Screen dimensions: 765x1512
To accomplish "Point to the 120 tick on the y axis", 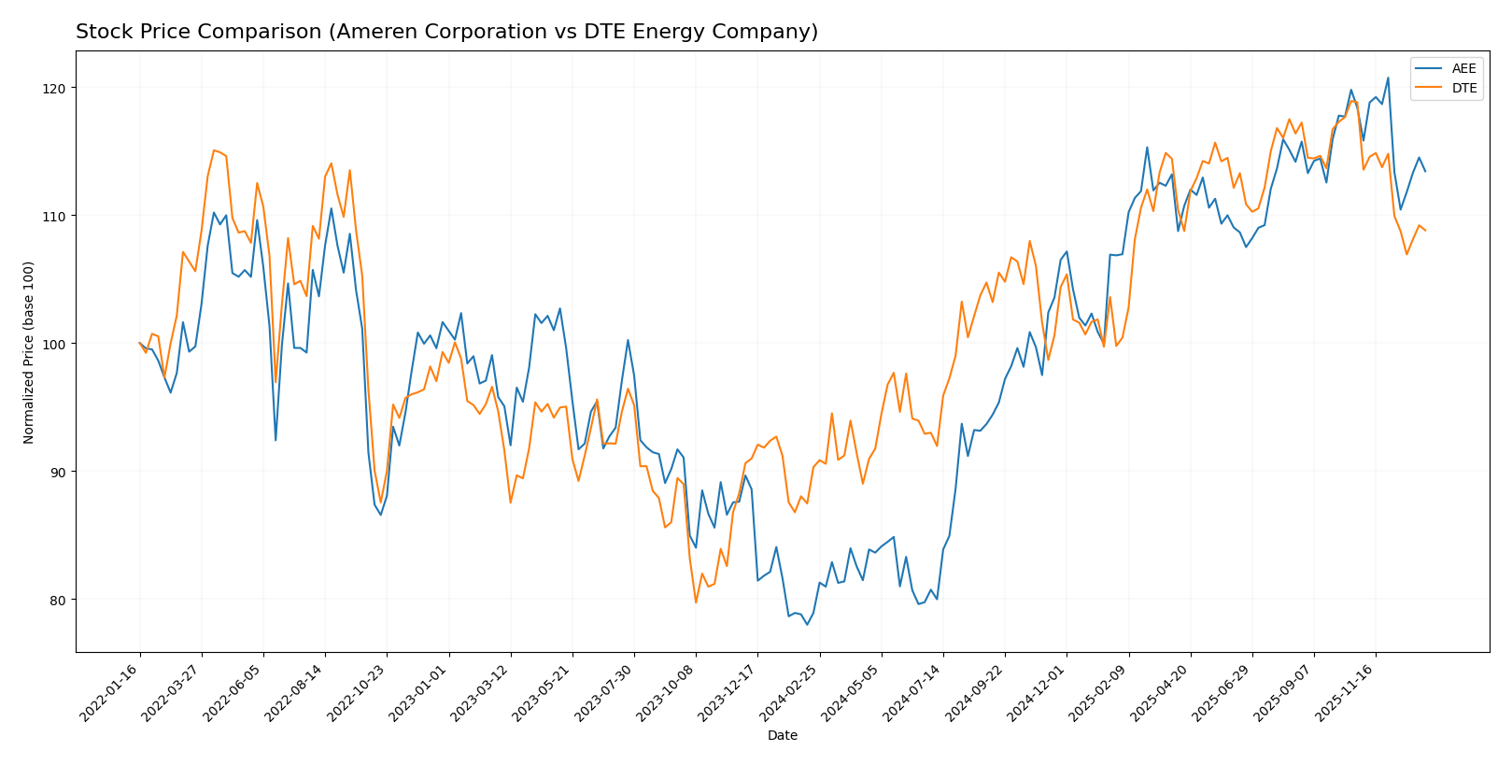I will click(57, 88).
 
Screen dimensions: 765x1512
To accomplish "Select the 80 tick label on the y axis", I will click(57, 600).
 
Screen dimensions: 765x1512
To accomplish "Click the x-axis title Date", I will click(782, 736).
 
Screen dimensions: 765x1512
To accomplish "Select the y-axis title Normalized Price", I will click(29, 352).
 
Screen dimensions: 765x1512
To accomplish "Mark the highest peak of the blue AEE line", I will click(1388, 78).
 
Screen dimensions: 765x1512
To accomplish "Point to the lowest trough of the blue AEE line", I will click(807, 624).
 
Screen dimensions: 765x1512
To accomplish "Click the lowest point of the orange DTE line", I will click(696, 602).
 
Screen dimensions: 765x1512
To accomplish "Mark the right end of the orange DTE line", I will click(1425, 230).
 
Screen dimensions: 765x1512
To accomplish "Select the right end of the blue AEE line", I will click(1425, 171).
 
